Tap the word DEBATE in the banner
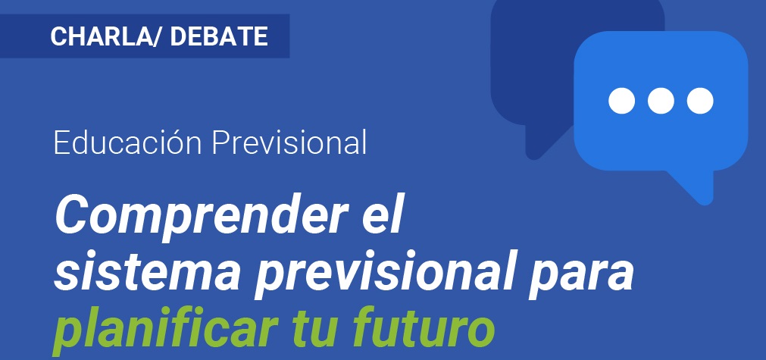tap(219, 36)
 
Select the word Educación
tap(127, 142)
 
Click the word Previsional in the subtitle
tap(289, 142)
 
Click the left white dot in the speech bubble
tap(621, 101)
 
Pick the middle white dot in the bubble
tap(661, 101)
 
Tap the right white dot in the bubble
tap(700, 101)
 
